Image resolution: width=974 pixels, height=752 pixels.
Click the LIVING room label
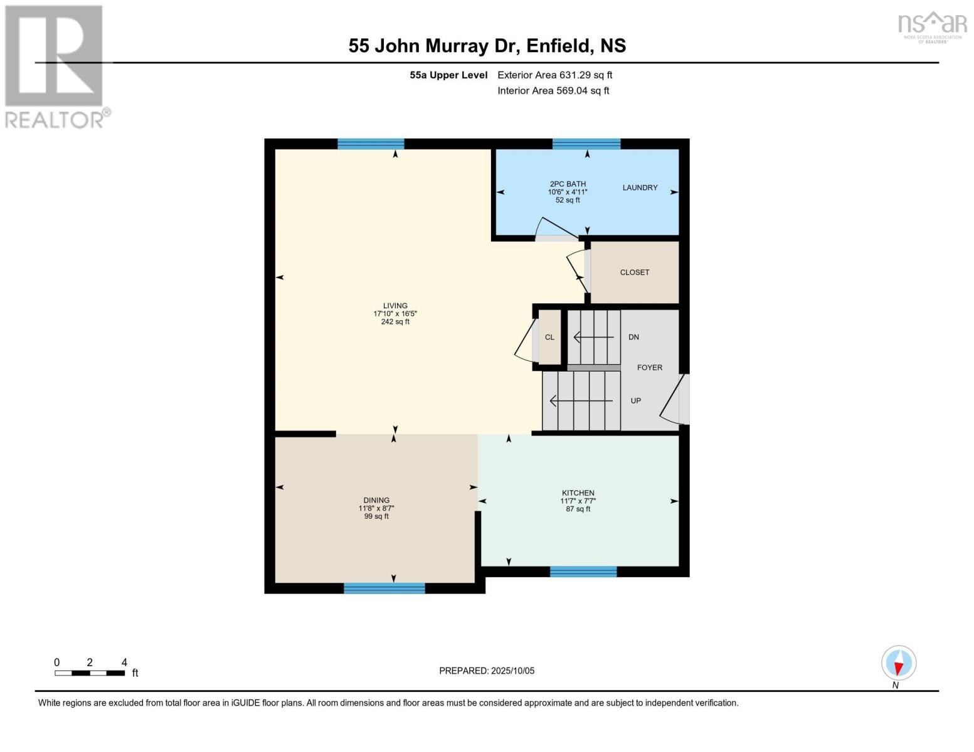click(x=395, y=306)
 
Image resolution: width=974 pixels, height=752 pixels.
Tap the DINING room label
click(x=376, y=500)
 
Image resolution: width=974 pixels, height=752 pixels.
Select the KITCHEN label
click(x=578, y=493)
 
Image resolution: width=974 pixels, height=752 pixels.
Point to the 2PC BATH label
click(x=568, y=184)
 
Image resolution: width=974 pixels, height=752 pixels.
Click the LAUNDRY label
click(x=640, y=187)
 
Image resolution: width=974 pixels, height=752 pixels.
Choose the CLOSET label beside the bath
click(x=634, y=272)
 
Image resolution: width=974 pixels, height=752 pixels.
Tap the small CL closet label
click(x=549, y=337)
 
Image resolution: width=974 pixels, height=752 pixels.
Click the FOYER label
click(x=649, y=368)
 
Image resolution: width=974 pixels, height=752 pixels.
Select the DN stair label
click(x=633, y=337)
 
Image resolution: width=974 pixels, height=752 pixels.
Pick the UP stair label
click(x=635, y=401)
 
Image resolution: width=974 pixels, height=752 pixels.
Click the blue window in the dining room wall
click(x=384, y=588)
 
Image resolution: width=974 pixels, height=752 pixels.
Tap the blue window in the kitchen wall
click(x=583, y=571)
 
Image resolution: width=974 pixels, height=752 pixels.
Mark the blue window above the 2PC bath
click(x=586, y=144)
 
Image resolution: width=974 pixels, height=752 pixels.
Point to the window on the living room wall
click(x=371, y=144)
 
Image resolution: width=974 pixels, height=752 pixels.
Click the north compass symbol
click(x=899, y=664)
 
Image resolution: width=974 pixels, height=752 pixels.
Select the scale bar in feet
click(x=90, y=673)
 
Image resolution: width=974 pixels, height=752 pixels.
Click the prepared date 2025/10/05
click(x=487, y=671)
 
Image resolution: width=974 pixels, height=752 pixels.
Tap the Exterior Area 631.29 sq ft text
click(x=554, y=75)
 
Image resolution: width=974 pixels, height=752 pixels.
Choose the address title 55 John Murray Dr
click(x=487, y=46)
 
